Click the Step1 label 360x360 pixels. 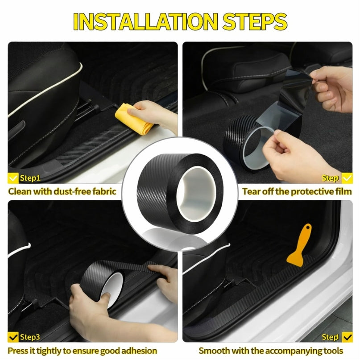pos(30,178)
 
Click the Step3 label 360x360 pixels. pos(30,337)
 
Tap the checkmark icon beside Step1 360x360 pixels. pos(14,178)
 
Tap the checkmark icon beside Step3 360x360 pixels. pos(14,337)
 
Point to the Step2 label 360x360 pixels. pos(331,178)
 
